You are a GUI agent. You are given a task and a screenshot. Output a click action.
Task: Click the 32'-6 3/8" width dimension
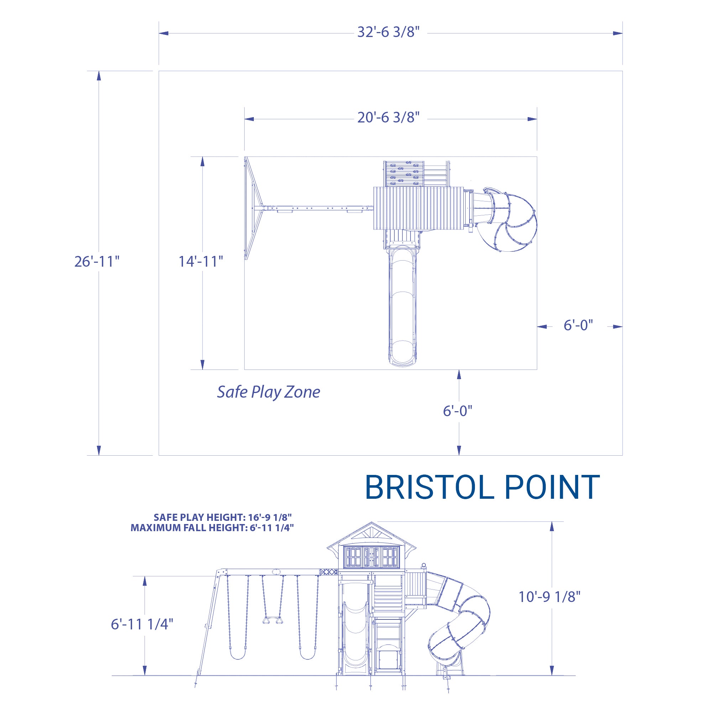click(388, 32)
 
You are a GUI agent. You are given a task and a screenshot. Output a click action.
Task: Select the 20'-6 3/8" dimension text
click(388, 117)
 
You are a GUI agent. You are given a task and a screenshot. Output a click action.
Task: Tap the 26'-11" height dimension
click(97, 261)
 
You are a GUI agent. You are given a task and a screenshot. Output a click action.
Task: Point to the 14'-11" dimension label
click(201, 261)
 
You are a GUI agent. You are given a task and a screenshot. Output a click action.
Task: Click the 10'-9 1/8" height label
click(549, 597)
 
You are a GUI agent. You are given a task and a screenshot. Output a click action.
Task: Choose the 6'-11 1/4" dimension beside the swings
click(142, 624)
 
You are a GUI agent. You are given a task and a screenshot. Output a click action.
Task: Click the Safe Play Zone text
click(268, 392)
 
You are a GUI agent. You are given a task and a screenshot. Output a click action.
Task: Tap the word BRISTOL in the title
click(429, 487)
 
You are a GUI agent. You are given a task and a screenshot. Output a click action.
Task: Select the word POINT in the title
click(552, 487)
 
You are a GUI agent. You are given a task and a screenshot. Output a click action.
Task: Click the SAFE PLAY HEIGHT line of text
click(222, 517)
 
